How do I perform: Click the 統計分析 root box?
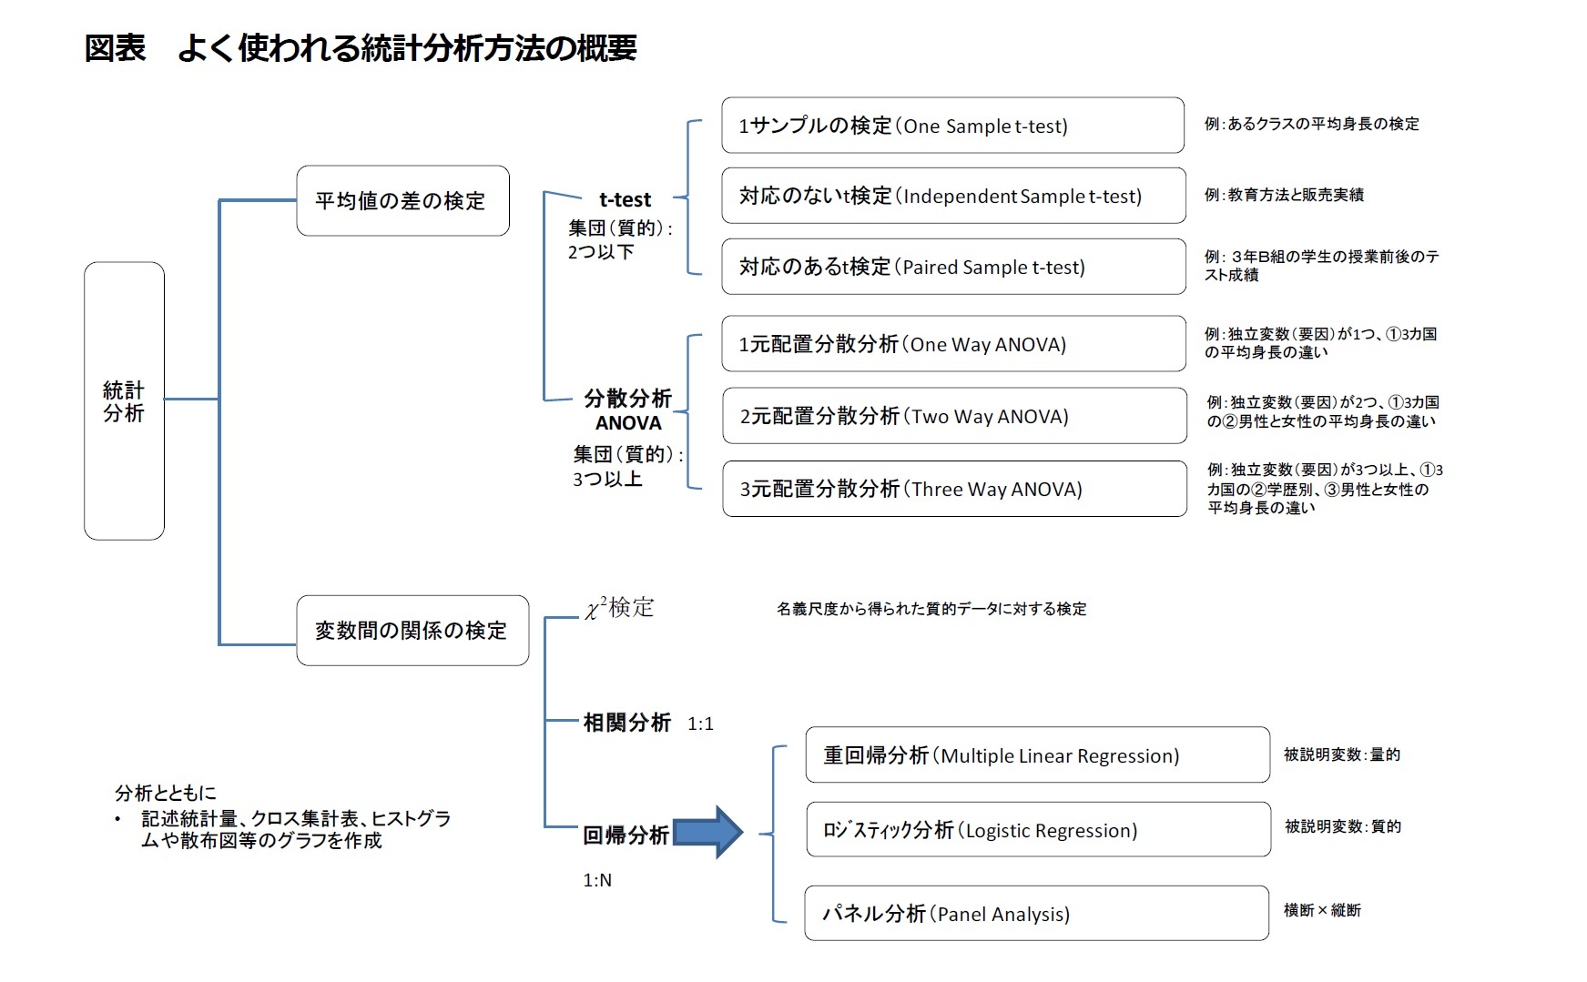tap(124, 401)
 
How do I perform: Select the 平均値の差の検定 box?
tap(402, 201)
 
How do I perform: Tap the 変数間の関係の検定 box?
tap(412, 631)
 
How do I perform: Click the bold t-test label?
tap(625, 199)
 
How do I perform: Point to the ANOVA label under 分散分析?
tap(628, 423)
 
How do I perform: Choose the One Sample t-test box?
tap(952, 126)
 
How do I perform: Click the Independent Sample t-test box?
tap(952, 196)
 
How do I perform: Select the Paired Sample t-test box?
tap(952, 267)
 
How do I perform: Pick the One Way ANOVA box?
tap(952, 344)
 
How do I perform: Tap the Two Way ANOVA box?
tap(952, 416)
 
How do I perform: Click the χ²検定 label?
tap(619, 608)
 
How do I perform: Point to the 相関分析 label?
tap(626, 723)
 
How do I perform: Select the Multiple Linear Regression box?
tap(1036, 755)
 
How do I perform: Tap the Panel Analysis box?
tap(1036, 914)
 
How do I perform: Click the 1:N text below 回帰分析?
tap(597, 880)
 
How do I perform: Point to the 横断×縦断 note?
tap(1322, 910)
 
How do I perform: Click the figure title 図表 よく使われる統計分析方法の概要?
tap(361, 47)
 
